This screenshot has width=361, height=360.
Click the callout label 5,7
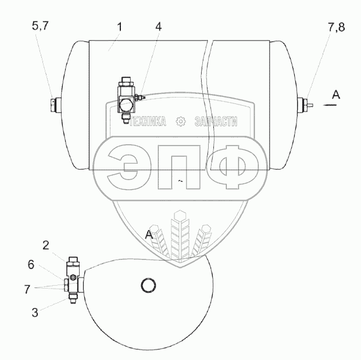(x=41, y=26)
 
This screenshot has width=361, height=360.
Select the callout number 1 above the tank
(x=120, y=27)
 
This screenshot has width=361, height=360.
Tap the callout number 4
(x=158, y=27)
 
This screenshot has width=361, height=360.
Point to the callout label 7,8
(x=337, y=27)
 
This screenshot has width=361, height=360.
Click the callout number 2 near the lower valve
(x=46, y=246)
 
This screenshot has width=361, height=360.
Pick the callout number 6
(x=31, y=265)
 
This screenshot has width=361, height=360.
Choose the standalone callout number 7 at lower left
(x=27, y=289)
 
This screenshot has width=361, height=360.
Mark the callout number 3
(x=35, y=312)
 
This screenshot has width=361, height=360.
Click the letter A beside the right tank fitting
(x=336, y=95)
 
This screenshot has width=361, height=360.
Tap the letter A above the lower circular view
(x=149, y=235)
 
